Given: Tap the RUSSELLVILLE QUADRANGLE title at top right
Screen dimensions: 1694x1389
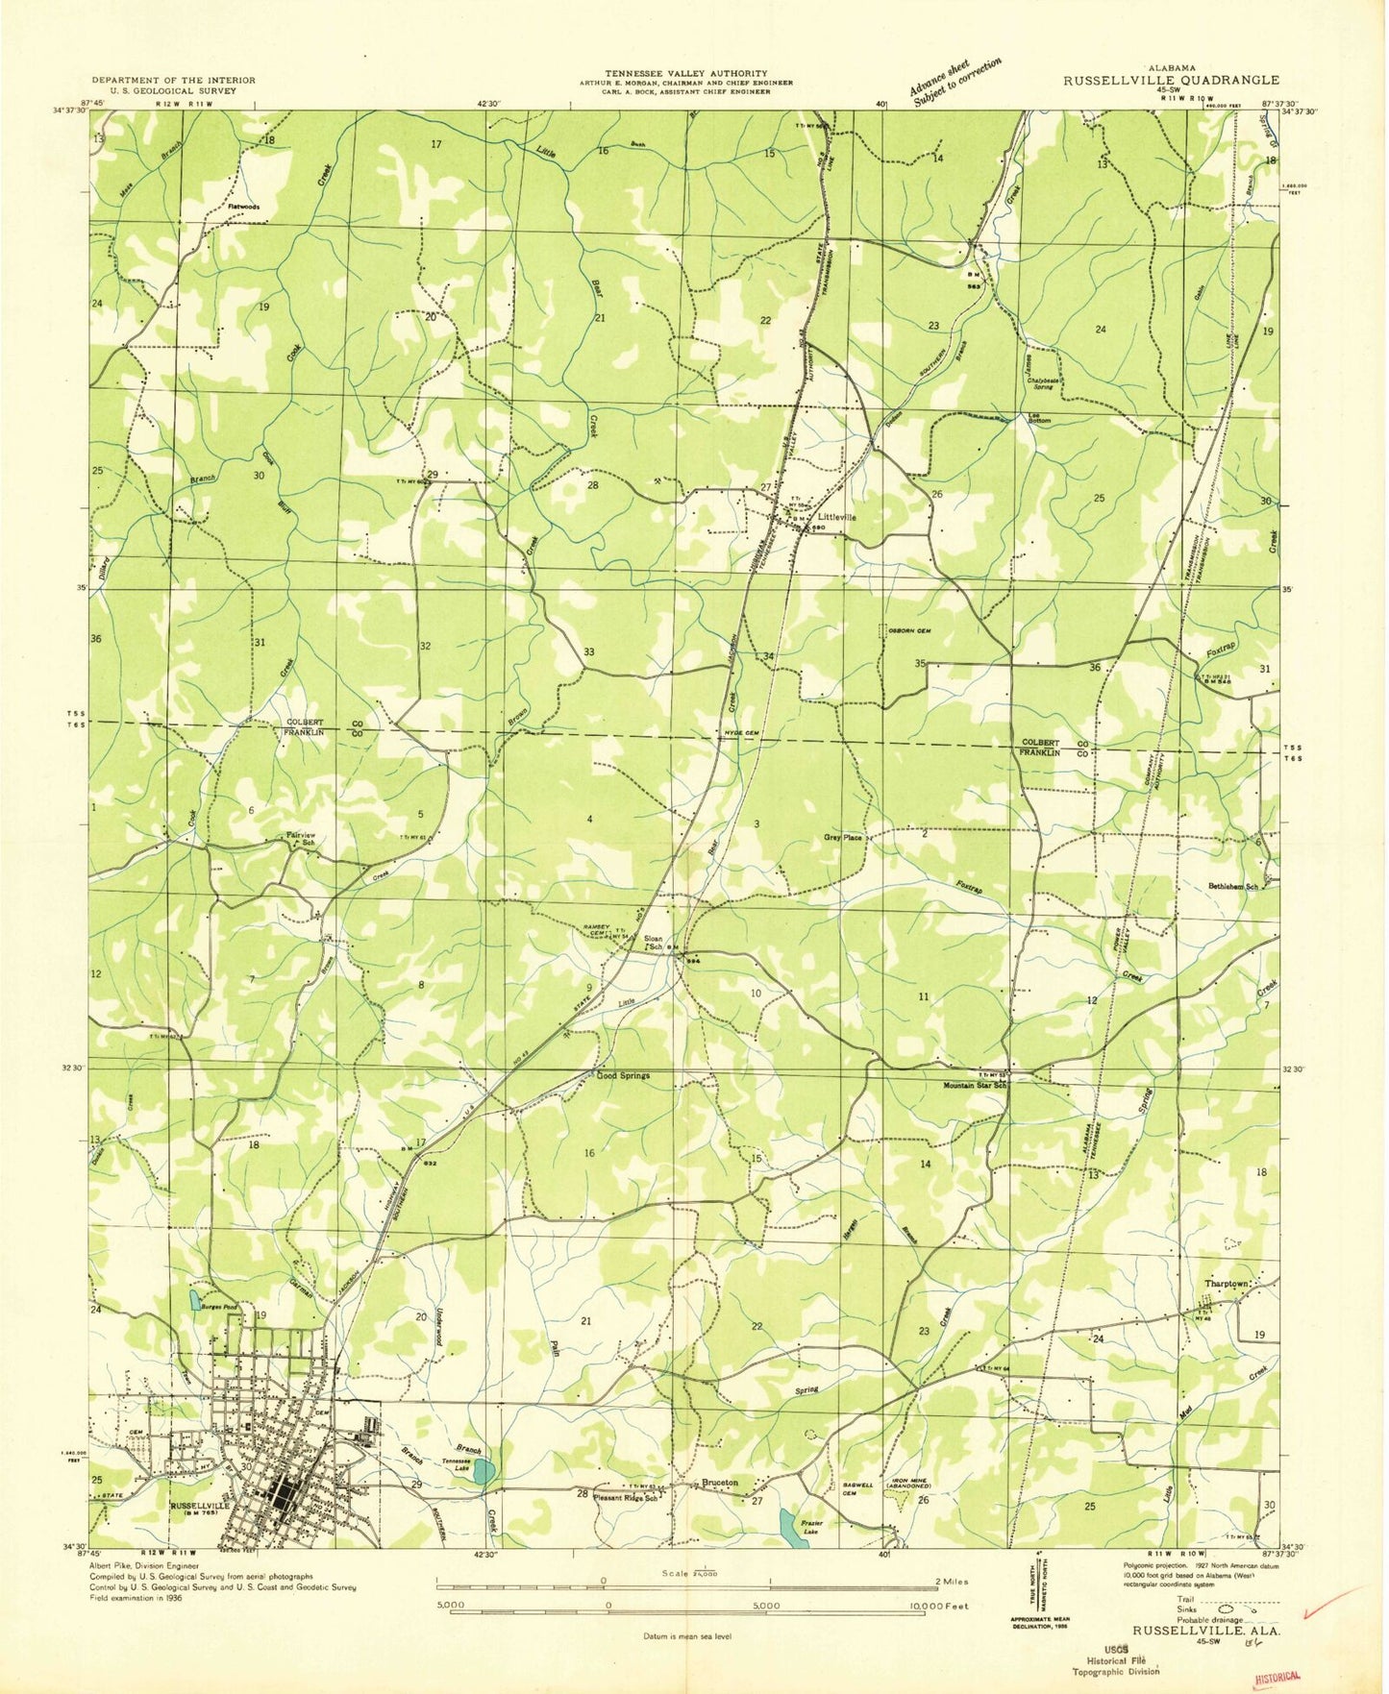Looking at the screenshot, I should point(1170,81).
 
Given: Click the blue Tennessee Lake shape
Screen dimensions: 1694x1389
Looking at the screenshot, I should point(485,1471).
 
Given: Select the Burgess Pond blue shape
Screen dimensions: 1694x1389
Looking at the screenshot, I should point(194,1301).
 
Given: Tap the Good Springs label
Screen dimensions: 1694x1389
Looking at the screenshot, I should point(623,1075).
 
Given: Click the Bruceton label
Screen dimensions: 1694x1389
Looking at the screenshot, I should point(720,1483).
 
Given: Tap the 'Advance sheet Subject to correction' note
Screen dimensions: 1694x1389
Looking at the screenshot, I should point(955,81).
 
